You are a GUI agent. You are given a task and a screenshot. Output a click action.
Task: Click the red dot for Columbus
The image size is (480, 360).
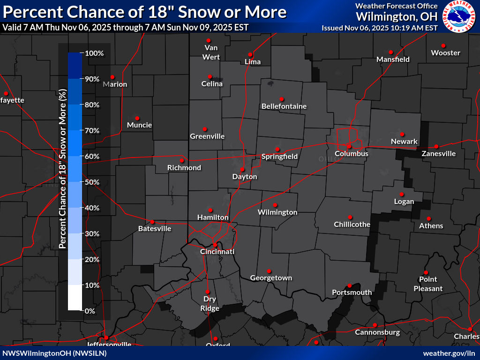[x=349, y=146]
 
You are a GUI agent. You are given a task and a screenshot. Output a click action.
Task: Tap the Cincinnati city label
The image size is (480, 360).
[x=217, y=252]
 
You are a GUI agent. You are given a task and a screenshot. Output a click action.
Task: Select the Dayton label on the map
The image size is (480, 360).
[x=245, y=177]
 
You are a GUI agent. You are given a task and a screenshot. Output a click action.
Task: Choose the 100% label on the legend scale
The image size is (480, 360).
[x=94, y=53]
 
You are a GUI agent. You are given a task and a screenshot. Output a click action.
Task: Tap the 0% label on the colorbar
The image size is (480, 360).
[x=90, y=311]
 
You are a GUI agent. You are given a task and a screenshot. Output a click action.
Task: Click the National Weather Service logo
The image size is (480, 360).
[x=458, y=16]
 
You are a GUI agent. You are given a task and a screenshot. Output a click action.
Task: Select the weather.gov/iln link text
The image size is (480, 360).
[x=449, y=353]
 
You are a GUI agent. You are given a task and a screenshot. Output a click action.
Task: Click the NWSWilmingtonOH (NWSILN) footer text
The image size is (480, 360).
[x=54, y=353]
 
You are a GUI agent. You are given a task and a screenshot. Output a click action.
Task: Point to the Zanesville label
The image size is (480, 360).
[x=438, y=153]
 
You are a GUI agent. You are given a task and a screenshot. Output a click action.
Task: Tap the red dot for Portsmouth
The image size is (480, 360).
[x=349, y=285]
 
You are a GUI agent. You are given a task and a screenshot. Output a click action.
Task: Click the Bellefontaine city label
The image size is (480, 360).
[x=284, y=106]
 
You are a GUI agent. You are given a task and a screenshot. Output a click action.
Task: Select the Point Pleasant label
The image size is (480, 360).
[x=428, y=284]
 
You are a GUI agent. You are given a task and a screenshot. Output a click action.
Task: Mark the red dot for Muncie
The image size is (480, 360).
[x=137, y=118]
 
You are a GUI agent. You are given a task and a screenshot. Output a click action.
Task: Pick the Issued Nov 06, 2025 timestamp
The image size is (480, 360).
[x=380, y=28]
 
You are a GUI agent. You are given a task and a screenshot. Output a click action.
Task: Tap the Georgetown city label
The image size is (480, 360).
[x=271, y=278]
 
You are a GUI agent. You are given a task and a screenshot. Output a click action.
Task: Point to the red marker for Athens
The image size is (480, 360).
[x=428, y=218]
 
